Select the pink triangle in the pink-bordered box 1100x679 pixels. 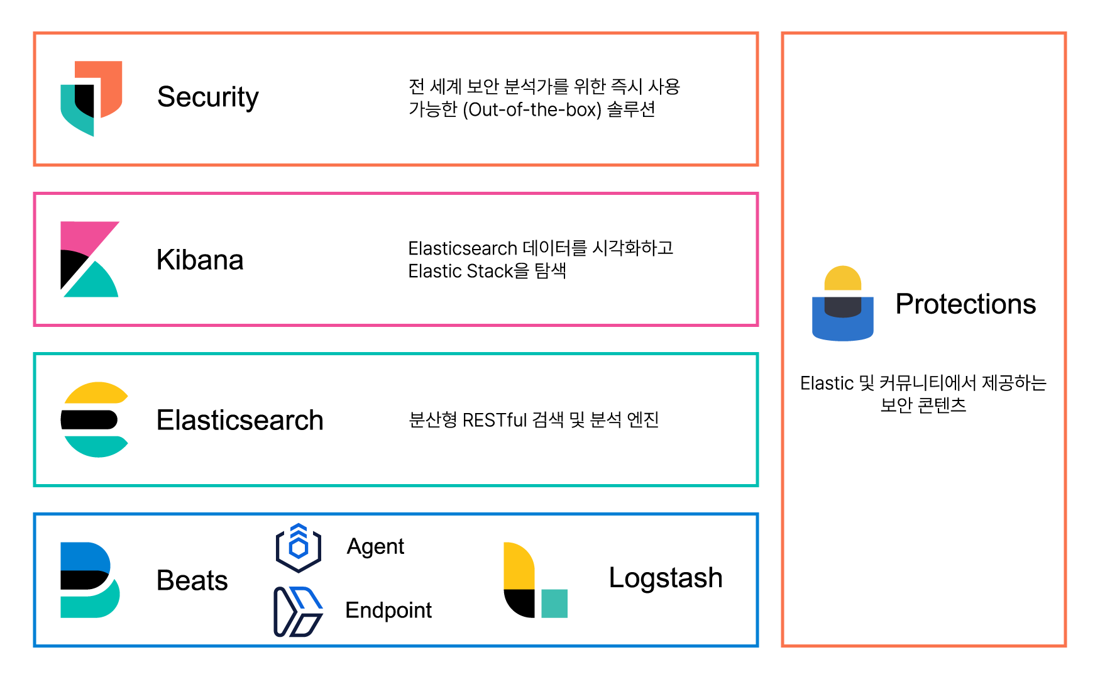click(x=85, y=235)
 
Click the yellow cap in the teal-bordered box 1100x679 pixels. click(x=97, y=393)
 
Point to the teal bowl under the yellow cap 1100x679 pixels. click(x=97, y=445)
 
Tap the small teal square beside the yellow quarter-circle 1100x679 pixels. click(x=554, y=604)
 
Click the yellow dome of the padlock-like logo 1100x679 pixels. click(x=843, y=279)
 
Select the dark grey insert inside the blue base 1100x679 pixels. click(x=843, y=307)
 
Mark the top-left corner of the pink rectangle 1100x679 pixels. click(x=35, y=194)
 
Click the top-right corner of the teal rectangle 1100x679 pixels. click(x=757, y=354)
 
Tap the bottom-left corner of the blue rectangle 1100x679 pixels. click(x=35, y=645)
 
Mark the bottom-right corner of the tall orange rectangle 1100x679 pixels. click(x=1065, y=645)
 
